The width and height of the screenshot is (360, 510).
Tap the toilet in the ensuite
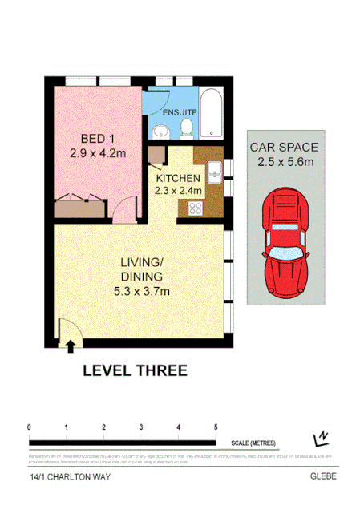pyautogui.click(x=186, y=127)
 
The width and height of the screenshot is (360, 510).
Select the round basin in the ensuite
pyautogui.click(x=159, y=131)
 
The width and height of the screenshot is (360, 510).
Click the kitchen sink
pyautogui.click(x=214, y=171)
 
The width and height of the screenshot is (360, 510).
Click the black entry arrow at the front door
pyautogui.click(x=71, y=345)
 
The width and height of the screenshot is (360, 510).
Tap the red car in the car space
pyautogui.click(x=286, y=241)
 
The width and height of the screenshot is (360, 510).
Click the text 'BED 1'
pyautogui.click(x=84, y=136)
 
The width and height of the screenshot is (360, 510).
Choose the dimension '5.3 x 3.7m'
pyautogui.click(x=142, y=290)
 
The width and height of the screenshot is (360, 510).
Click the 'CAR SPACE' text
pyautogui.click(x=285, y=148)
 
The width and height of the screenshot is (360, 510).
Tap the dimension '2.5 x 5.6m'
pyautogui.click(x=285, y=162)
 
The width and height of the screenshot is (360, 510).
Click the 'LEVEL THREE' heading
pyautogui.click(x=135, y=370)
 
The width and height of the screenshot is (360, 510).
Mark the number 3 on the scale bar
pyautogui.click(x=140, y=427)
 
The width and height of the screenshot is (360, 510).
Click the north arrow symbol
pyautogui.click(x=322, y=437)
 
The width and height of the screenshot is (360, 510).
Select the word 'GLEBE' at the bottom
pyautogui.click(x=325, y=476)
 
